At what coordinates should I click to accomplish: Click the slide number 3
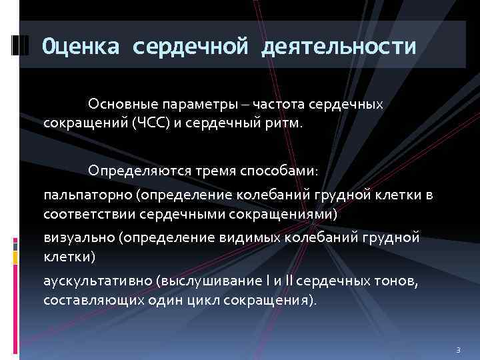[x=458, y=349]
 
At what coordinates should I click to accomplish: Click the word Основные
[x=118, y=105]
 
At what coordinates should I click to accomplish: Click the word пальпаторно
[x=87, y=195]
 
